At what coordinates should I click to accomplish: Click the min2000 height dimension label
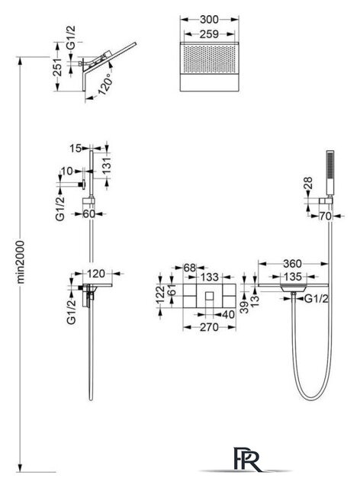point(21,262)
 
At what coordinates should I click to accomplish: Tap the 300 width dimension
point(209,19)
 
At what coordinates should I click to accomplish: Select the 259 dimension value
point(209,34)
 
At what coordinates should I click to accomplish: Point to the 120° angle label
point(104,84)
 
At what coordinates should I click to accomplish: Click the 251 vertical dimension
point(58,67)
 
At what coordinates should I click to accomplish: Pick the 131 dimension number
point(106,165)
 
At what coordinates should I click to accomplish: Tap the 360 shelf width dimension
point(292,264)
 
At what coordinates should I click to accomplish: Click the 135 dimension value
point(293,276)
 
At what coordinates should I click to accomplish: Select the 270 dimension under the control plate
point(209,327)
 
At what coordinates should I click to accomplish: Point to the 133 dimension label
point(209,277)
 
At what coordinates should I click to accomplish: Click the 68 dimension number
point(190,268)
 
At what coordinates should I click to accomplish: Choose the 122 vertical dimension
point(159,295)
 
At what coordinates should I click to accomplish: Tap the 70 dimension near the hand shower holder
point(325,216)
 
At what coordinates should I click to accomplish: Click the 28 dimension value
point(308,184)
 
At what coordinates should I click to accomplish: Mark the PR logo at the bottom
point(247,460)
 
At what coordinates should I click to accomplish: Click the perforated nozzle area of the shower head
point(209,59)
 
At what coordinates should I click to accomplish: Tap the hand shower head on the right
point(329,173)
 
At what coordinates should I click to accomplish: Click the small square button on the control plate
point(210,295)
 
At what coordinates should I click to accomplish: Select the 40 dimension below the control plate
point(227,314)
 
